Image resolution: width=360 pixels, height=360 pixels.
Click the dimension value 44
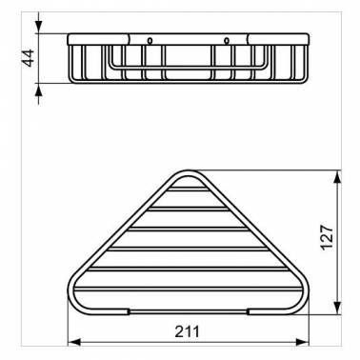[29, 58]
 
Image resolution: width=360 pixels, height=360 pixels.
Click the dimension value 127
[327, 238]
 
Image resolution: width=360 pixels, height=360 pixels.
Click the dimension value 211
[188, 332]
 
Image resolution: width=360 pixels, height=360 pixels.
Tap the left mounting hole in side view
[150, 41]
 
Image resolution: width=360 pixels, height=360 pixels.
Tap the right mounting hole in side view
[227, 41]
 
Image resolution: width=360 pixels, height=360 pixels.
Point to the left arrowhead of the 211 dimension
[73, 342]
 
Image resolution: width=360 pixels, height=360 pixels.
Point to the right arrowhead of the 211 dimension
[302, 342]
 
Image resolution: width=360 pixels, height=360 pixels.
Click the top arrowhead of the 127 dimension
[338, 177]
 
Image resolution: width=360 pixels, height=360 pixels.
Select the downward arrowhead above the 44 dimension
[38, 27]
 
